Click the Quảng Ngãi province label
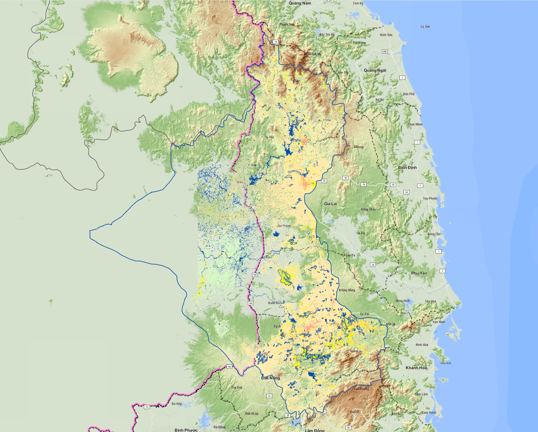pyautogui.click(x=375, y=70)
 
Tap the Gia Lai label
pyautogui.click(x=330, y=204)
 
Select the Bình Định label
pyautogui.click(x=407, y=168)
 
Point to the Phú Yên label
pyautogui.click(x=419, y=273)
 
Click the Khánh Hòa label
pyautogui.click(x=416, y=368)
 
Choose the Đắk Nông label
pyautogui.click(x=271, y=378)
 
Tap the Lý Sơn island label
pyautogui.click(x=425, y=27)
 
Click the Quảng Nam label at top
pyautogui.click(x=300, y=3)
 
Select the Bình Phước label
pyautogui.click(x=186, y=430)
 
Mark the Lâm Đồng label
pyautogui.click(x=315, y=430)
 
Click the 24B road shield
pyautogui.click(x=385, y=52)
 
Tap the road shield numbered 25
pyautogui.click(x=373, y=265)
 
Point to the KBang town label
pyautogui.click(x=359, y=147)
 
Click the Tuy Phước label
pyautogui.click(x=430, y=198)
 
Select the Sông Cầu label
pyautogui.click(x=434, y=234)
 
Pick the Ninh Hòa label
pyautogui.click(x=422, y=345)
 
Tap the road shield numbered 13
pyautogui.click(x=147, y=407)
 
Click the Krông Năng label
pyautogui.click(x=347, y=290)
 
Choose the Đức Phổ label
pyautogui.click(x=409, y=94)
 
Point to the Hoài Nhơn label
pyautogui.click(x=415, y=124)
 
